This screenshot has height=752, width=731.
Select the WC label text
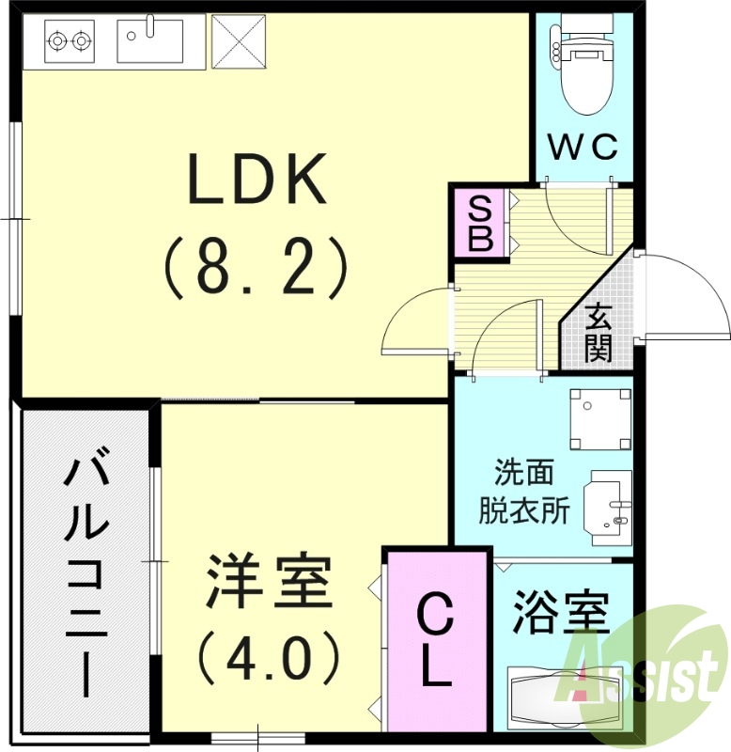(x=583, y=147)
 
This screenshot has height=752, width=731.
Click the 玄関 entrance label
(x=599, y=335)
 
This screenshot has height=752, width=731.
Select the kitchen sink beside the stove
(x=149, y=40)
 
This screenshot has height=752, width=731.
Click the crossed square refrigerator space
(x=239, y=40)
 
